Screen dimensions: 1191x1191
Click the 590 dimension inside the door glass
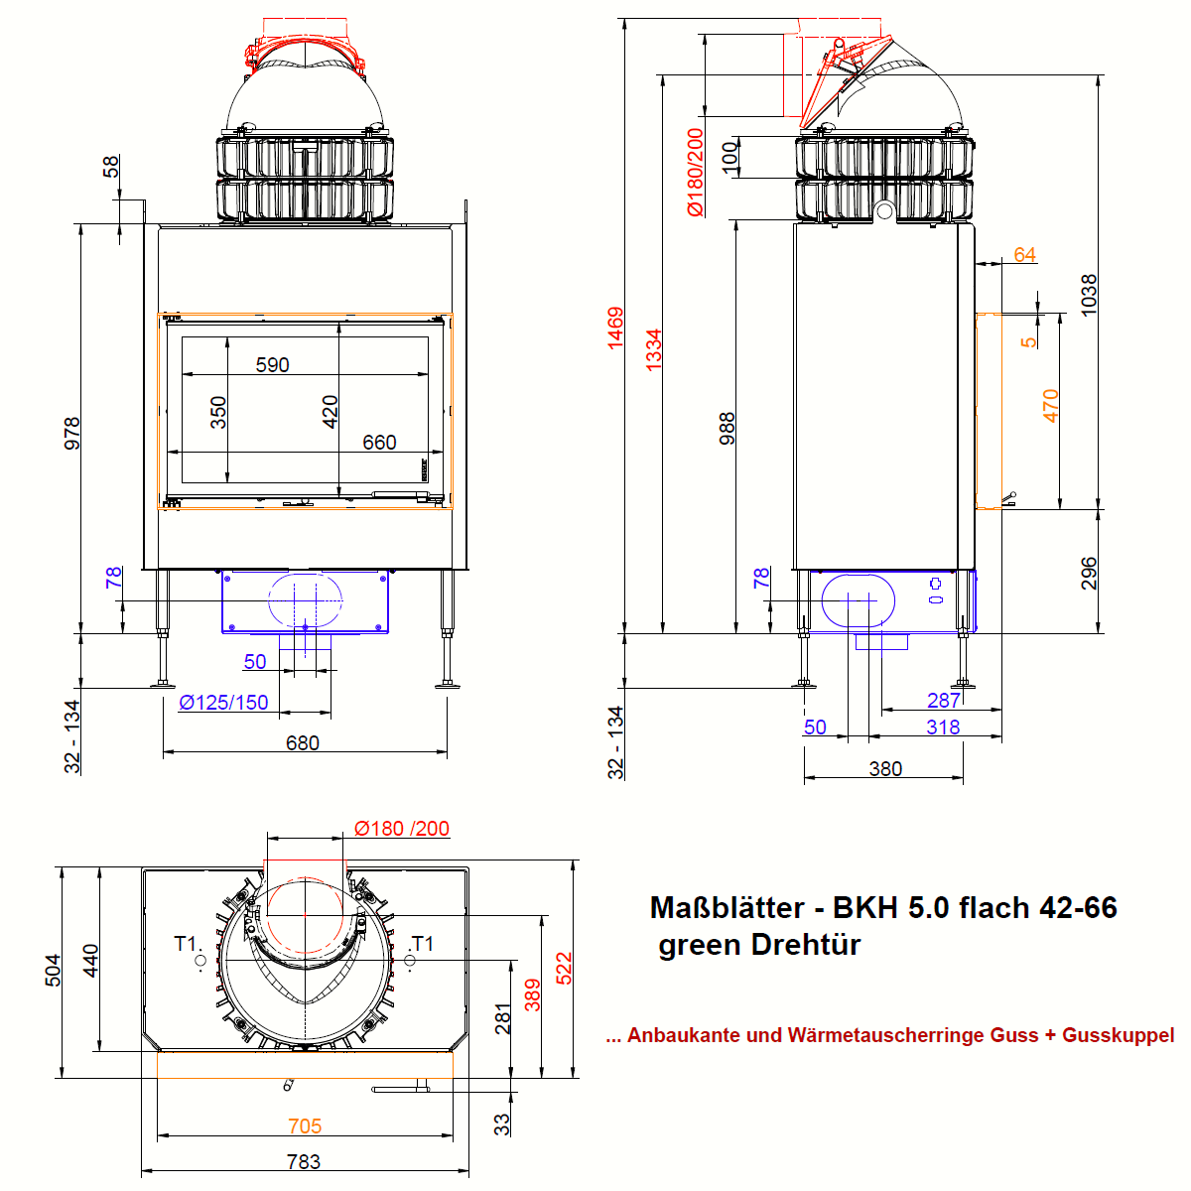273,364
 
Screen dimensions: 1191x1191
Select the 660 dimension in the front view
379,443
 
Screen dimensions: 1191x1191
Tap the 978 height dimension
72,434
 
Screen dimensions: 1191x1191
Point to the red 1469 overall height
615,328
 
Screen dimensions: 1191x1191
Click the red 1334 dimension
653,349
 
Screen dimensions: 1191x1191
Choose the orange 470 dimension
1051,406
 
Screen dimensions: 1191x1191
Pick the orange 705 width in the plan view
305,1126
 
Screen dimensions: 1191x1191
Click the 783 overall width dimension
304,1162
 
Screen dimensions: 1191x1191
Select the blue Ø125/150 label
223,702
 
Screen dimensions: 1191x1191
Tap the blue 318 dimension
943,727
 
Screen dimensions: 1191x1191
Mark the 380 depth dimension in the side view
885,769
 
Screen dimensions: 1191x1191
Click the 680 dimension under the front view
303,743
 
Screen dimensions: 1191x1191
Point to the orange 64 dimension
1024,255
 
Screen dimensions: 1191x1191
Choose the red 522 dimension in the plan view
565,968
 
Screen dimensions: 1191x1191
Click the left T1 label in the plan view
185,944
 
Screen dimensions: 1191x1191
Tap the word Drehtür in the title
806,945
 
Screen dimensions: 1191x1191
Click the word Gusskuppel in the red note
1119,1035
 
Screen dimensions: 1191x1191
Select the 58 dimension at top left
110,167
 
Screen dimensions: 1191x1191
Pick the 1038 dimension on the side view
1089,296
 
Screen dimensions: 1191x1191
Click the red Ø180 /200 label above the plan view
402,828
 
